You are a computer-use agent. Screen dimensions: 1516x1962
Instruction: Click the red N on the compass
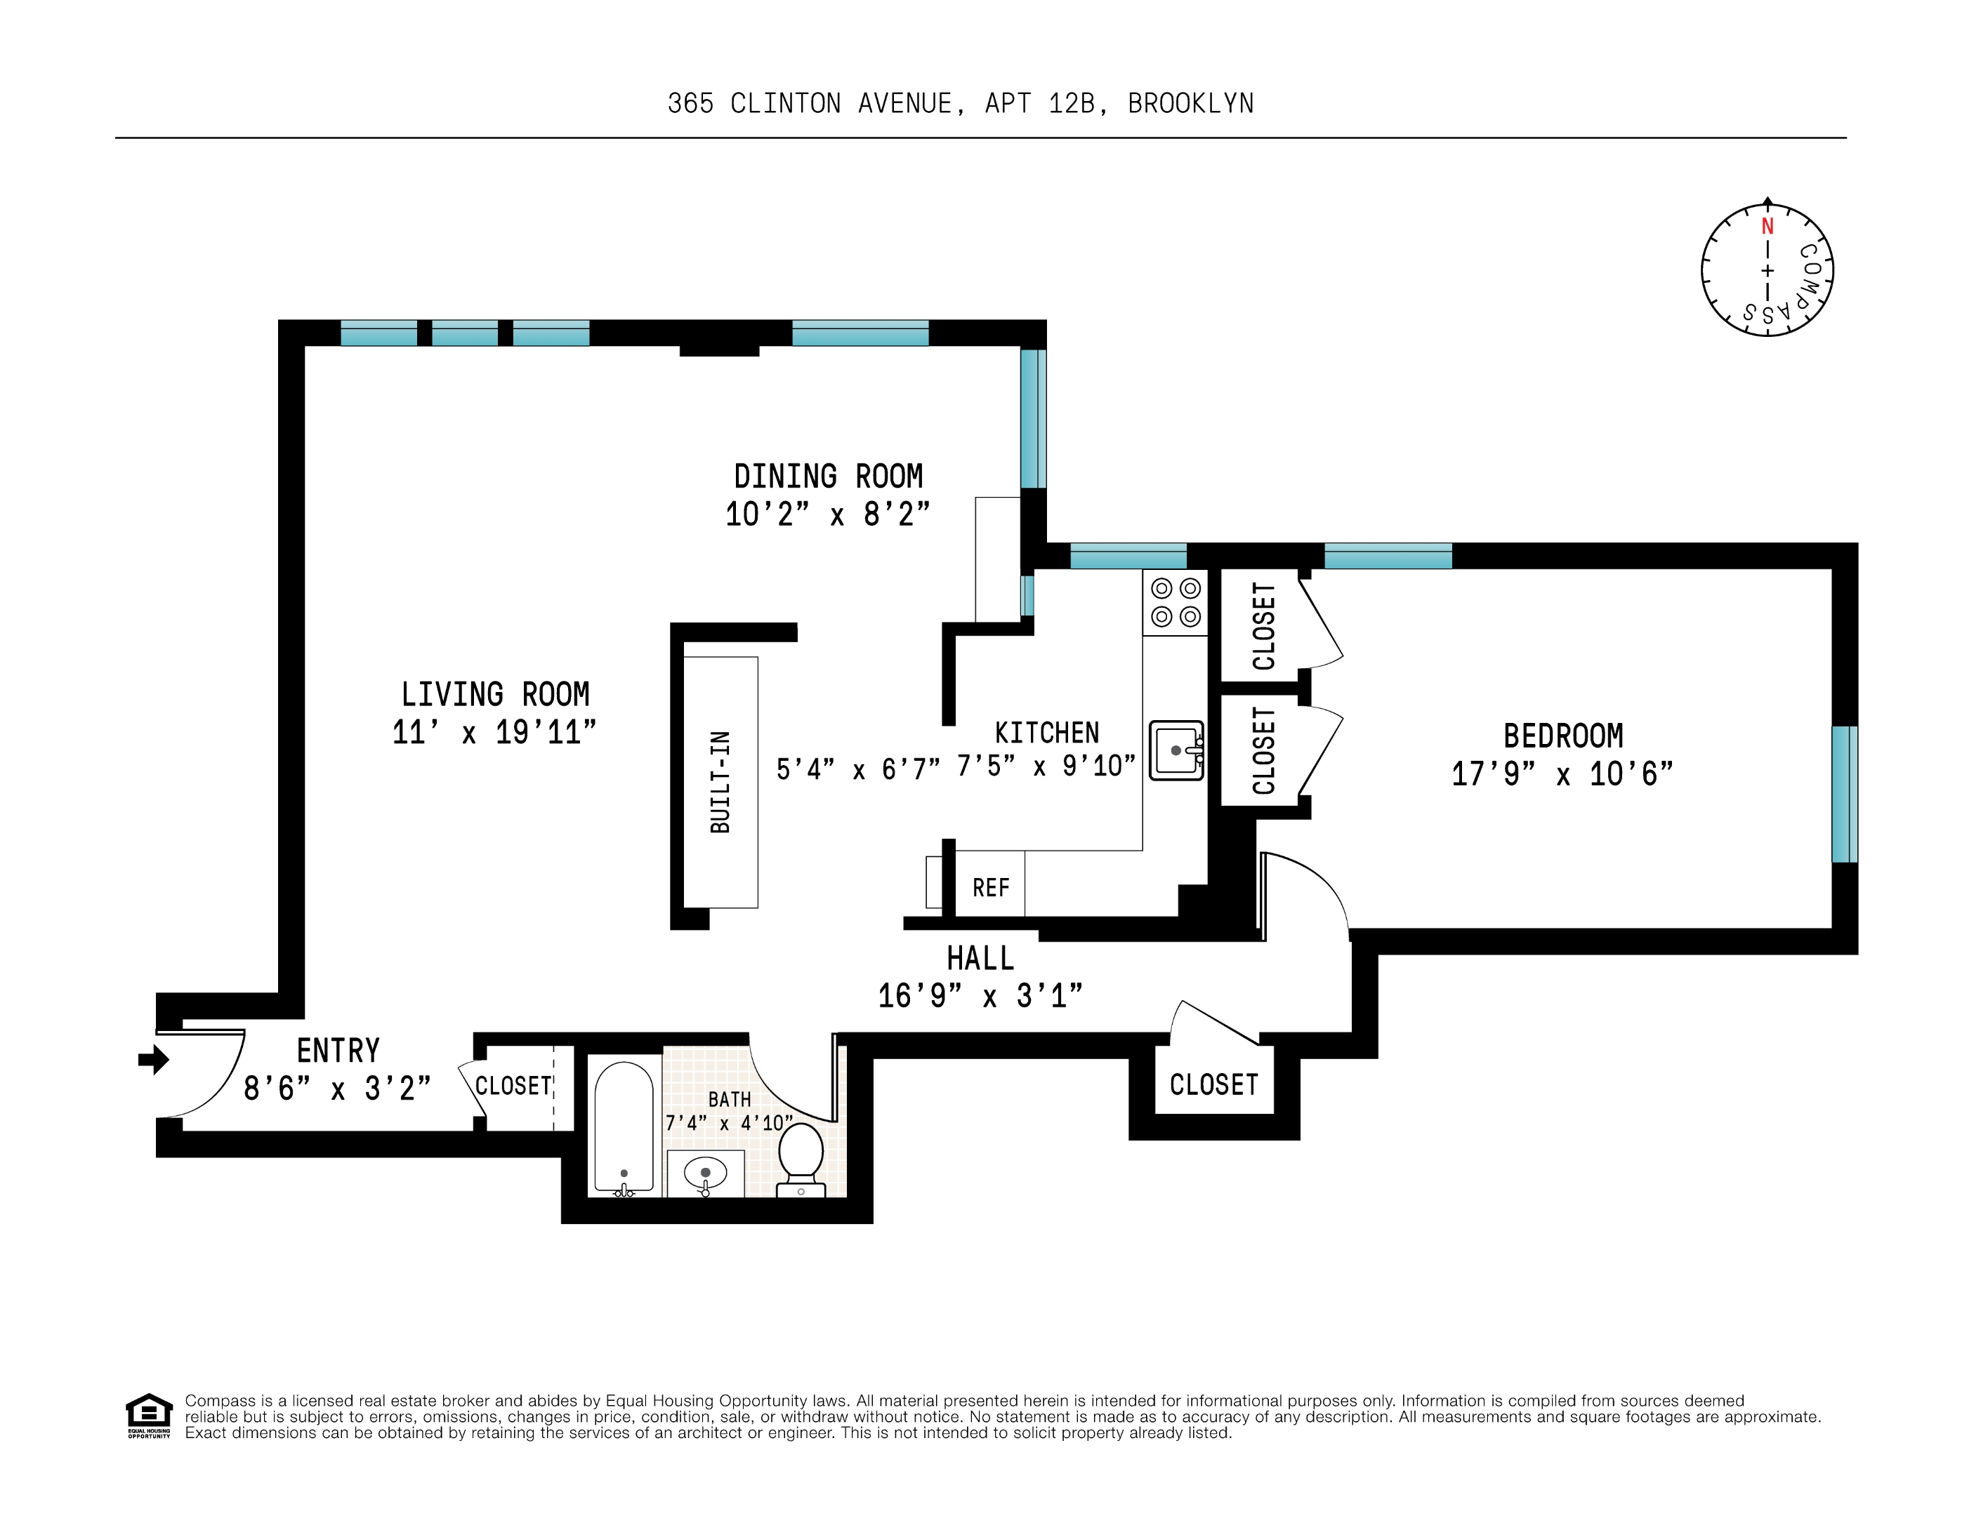click(x=1767, y=226)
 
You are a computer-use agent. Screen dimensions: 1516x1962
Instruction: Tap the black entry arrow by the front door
click(x=154, y=1060)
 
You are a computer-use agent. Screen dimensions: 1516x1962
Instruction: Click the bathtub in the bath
click(x=624, y=1128)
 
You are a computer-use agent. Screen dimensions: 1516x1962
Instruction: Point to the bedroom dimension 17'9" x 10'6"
click(x=1562, y=774)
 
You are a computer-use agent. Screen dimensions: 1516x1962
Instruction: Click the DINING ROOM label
click(x=829, y=476)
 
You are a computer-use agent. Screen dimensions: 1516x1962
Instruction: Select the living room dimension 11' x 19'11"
click(x=494, y=732)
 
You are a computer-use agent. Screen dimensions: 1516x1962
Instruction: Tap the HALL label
click(x=980, y=958)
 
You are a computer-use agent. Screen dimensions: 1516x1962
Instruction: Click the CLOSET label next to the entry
click(x=513, y=1086)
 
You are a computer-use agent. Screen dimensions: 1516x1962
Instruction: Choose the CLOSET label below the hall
click(x=1213, y=1085)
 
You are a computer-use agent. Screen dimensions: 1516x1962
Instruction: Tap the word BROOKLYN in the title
click(x=1190, y=104)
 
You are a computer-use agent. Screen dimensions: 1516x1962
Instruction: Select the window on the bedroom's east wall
click(x=1843, y=794)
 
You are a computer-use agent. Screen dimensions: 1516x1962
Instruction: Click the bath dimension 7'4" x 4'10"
click(x=729, y=1123)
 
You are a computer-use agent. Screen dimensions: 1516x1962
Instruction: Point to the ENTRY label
click(x=338, y=1050)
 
